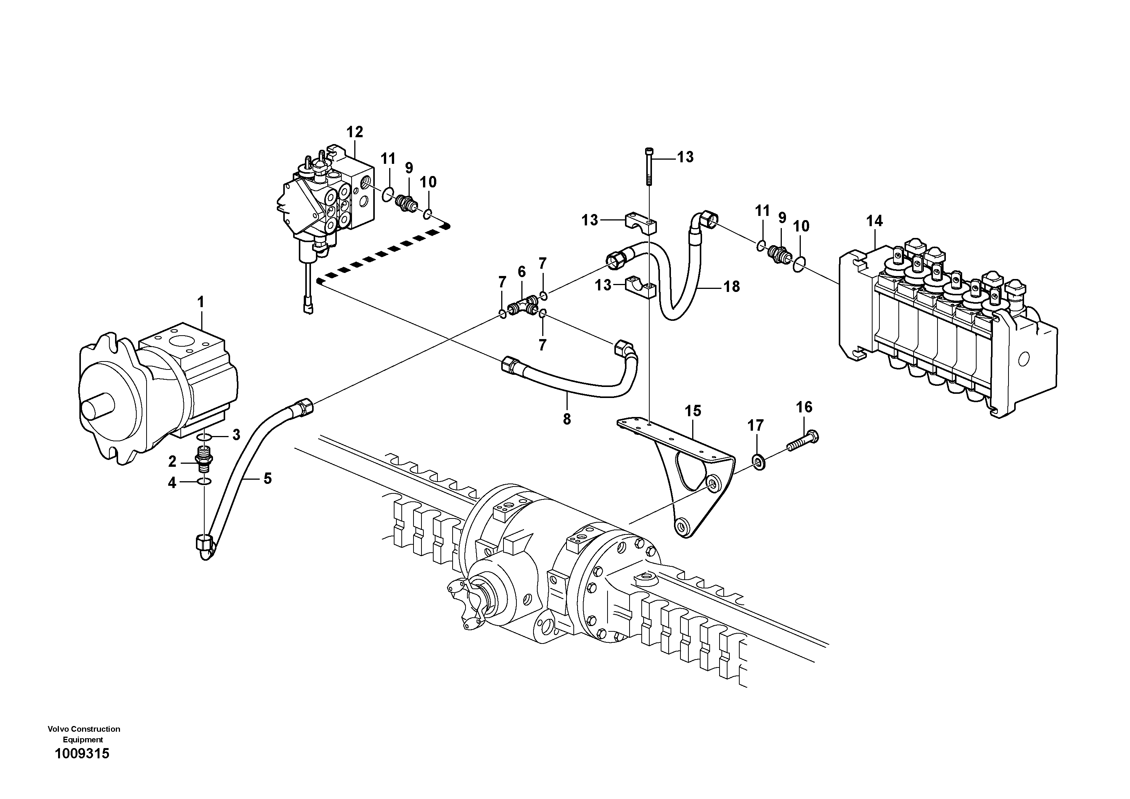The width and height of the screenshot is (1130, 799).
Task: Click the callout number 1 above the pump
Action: pyautogui.click(x=200, y=302)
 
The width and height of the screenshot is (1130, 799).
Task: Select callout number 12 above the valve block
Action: pyautogui.click(x=354, y=132)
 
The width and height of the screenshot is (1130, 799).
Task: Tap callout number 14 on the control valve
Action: pyautogui.click(x=874, y=221)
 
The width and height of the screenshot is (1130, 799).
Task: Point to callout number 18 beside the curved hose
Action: pyautogui.click(x=732, y=287)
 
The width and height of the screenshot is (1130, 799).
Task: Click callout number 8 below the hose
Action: pyautogui.click(x=567, y=419)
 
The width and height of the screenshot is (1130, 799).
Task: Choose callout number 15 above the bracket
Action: pyautogui.click(x=693, y=411)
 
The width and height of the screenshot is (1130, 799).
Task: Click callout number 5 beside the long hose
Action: pyautogui.click(x=267, y=478)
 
